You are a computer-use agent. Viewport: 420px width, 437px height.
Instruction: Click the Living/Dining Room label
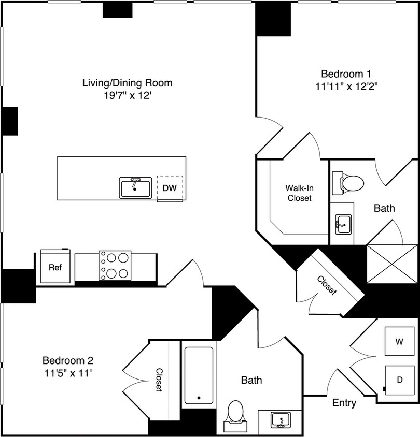(127, 82)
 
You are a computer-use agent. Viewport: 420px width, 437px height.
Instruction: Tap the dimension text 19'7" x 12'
(127, 96)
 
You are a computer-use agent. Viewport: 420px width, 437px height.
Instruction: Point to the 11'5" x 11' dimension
(67, 372)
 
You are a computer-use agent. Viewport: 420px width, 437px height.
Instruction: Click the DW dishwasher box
(170, 188)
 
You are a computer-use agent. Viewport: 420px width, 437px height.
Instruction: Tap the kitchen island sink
(135, 187)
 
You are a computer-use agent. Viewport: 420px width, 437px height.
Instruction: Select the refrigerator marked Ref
(55, 267)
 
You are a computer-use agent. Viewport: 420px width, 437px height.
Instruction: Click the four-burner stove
(115, 266)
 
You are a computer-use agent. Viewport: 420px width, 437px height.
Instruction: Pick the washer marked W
(399, 342)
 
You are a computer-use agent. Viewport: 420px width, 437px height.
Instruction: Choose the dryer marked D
(399, 380)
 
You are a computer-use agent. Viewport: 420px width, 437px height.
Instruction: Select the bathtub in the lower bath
(198, 374)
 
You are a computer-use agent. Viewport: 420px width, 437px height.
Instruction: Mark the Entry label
(344, 403)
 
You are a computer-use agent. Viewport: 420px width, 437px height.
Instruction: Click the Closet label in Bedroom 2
(159, 380)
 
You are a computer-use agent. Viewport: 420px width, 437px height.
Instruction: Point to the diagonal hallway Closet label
(326, 286)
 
